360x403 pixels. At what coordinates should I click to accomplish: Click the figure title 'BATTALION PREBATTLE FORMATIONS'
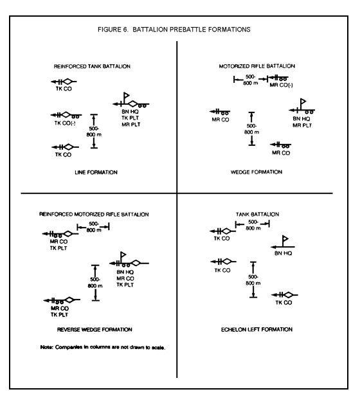pos(192,30)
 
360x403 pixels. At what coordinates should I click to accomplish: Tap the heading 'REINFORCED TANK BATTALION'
pos(92,67)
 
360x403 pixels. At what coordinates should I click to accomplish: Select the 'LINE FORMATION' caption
pos(96,172)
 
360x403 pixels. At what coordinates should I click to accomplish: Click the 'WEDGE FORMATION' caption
pos(256,172)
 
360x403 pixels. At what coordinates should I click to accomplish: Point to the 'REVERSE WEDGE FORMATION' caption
pos(94,330)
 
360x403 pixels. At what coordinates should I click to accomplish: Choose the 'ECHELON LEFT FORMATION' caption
pos(256,330)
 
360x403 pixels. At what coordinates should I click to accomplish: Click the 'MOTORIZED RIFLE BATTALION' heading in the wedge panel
pos(257,66)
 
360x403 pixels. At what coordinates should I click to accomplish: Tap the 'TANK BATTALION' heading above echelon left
pos(257,214)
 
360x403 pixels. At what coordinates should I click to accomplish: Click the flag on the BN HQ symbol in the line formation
pos(126,96)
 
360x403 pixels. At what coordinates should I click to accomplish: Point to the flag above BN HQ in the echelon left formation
pos(285,239)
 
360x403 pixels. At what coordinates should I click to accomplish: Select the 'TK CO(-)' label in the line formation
pos(65,123)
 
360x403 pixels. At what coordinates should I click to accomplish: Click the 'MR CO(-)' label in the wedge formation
pos(281,85)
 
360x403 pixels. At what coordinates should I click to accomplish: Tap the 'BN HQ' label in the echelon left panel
pos(283,253)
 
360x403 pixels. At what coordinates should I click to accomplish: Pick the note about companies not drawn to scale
pos(103,348)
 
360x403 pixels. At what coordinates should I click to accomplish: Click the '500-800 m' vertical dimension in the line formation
pos(94,131)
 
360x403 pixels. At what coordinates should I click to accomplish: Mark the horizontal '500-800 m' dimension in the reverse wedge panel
pos(93,227)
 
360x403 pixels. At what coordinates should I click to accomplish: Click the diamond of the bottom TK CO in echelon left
pos(288,295)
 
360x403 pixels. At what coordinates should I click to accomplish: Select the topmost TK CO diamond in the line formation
pos(67,82)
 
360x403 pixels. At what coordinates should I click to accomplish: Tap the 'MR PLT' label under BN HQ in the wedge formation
pos(302,126)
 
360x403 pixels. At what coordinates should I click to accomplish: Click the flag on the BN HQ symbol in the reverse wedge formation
pos(123,255)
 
